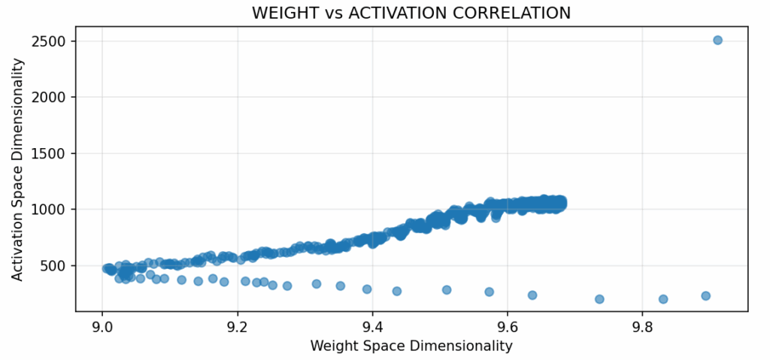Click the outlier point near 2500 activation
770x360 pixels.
[717, 40]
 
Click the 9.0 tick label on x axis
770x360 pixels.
[102, 327]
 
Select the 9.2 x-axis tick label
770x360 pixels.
[238, 327]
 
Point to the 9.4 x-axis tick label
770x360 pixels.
[372, 327]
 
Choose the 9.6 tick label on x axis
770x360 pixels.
[508, 327]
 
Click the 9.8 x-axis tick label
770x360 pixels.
[642, 327]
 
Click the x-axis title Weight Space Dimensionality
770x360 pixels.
[411, 346]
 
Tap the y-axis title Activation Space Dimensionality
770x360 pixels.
[17, 169]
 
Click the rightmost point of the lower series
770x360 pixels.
[705, 295]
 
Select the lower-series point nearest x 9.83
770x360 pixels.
[663, 298]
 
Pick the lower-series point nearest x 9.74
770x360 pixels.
[599, 298]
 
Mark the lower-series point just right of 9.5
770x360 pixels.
[447, 289]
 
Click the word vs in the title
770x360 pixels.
[332, 13]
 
